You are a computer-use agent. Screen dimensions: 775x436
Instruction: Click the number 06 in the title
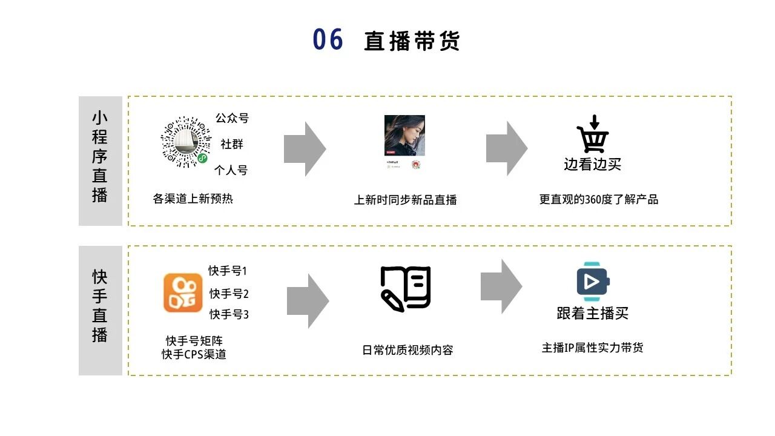328,40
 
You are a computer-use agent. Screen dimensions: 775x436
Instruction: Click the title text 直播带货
412,41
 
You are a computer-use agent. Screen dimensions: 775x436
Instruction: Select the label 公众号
232,118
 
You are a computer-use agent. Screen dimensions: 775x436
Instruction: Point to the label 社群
232,144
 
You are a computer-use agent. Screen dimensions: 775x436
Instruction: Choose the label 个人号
231,170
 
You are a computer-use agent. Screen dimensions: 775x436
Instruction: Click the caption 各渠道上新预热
193,198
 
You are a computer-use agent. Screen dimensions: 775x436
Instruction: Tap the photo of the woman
404,135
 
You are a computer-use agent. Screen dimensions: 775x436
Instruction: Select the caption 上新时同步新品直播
405,199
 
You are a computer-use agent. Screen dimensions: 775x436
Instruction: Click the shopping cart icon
593,136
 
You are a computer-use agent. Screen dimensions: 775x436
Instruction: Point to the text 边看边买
592,164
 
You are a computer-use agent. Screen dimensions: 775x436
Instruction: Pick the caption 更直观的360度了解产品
598,199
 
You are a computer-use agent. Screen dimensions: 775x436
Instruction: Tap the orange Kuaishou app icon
183,292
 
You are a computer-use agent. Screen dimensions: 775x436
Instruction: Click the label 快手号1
228,271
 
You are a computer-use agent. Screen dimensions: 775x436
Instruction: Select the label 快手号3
229,314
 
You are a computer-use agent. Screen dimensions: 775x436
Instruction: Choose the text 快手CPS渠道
194,355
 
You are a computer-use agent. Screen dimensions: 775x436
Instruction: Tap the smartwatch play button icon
592,282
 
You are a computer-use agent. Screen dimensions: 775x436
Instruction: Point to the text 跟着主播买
592,313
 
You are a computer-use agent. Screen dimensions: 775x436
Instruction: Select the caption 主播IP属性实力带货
592,348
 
